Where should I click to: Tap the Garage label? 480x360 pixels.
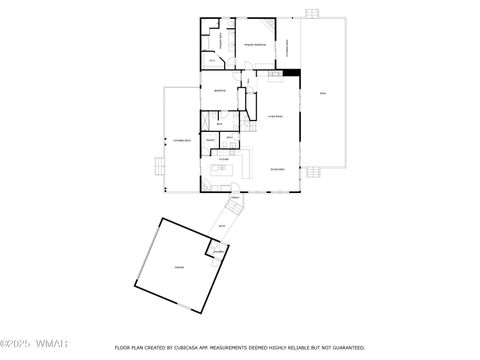178,267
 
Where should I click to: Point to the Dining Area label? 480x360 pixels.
278,170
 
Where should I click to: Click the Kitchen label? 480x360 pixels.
225,159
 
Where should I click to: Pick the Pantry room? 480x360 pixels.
211,141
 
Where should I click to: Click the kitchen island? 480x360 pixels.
225,171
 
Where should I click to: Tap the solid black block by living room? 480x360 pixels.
292,71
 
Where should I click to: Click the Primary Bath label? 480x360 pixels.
212,36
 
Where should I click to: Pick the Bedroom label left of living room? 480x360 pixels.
219,90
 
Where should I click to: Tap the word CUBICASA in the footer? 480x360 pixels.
199,348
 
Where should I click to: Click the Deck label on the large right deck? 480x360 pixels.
322,93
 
